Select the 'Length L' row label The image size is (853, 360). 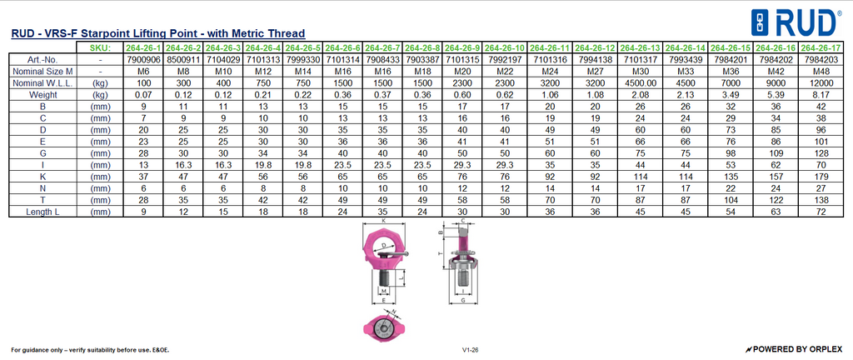click(42, 212)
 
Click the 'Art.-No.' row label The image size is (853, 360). click(42, 60)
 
